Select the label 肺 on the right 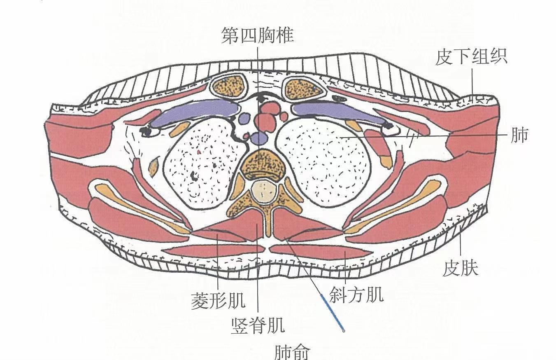[519, 135]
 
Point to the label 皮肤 [461, 269]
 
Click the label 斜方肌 [356, 295]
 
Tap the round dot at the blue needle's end [344, 330]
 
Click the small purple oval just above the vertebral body [259, 138]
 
